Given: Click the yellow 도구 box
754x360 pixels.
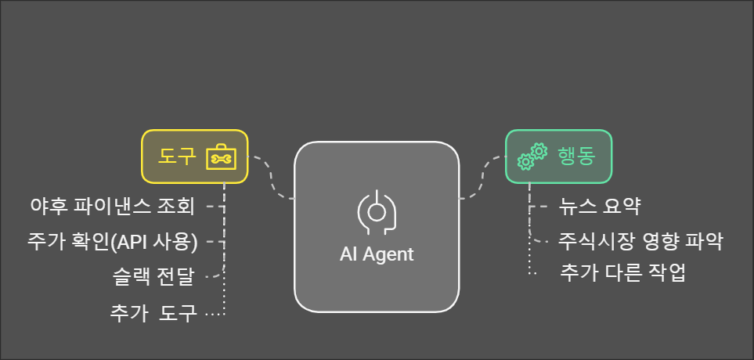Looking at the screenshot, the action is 194,156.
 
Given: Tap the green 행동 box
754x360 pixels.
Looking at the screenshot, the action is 558,156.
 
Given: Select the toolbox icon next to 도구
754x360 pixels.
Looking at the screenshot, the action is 220,157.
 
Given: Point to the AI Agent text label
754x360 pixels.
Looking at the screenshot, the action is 377,254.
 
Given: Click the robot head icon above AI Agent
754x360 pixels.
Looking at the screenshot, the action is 377,211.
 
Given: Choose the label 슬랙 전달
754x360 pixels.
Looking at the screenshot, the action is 153,275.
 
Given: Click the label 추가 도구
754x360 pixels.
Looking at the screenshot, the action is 154,313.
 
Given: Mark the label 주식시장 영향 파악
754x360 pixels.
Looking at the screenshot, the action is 640,240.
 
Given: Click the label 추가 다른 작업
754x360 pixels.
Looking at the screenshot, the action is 623,273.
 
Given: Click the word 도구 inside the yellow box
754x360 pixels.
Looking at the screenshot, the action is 176,156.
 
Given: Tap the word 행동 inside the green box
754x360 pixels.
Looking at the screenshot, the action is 576,156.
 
